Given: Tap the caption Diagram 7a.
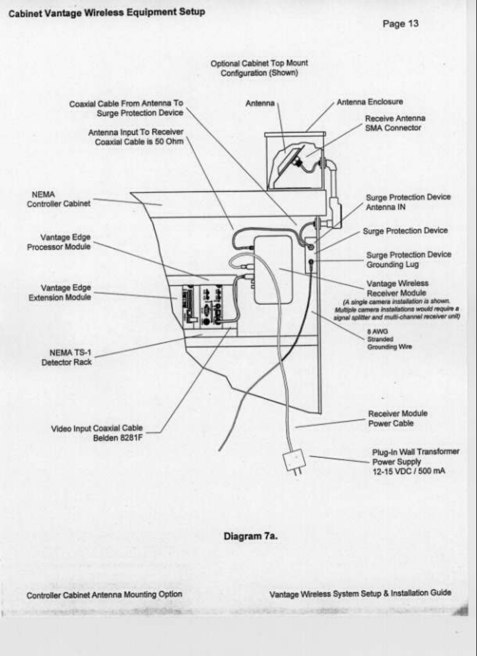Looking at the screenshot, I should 250,536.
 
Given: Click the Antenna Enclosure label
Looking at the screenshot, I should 369,102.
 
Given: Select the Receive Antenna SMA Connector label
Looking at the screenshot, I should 395,123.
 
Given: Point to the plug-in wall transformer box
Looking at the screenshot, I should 295,460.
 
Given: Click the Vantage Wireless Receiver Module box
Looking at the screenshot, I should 273,269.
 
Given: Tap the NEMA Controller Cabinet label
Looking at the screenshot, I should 58,199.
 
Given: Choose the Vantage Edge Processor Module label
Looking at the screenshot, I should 59,242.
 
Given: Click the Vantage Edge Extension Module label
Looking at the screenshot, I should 60,292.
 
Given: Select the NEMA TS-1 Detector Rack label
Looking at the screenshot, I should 66,357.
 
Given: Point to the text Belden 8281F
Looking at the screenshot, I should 118,438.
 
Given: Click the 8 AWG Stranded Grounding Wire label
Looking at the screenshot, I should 389,339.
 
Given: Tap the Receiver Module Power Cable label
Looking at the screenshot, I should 397,418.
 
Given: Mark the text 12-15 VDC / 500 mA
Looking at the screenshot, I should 409,471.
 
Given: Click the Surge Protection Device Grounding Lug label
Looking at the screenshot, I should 408,260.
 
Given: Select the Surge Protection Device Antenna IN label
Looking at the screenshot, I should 408,202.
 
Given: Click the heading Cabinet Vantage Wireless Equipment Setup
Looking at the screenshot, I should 107,12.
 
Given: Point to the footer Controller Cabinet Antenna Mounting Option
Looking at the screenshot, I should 104,595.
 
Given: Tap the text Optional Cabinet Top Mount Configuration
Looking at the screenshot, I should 259,68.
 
